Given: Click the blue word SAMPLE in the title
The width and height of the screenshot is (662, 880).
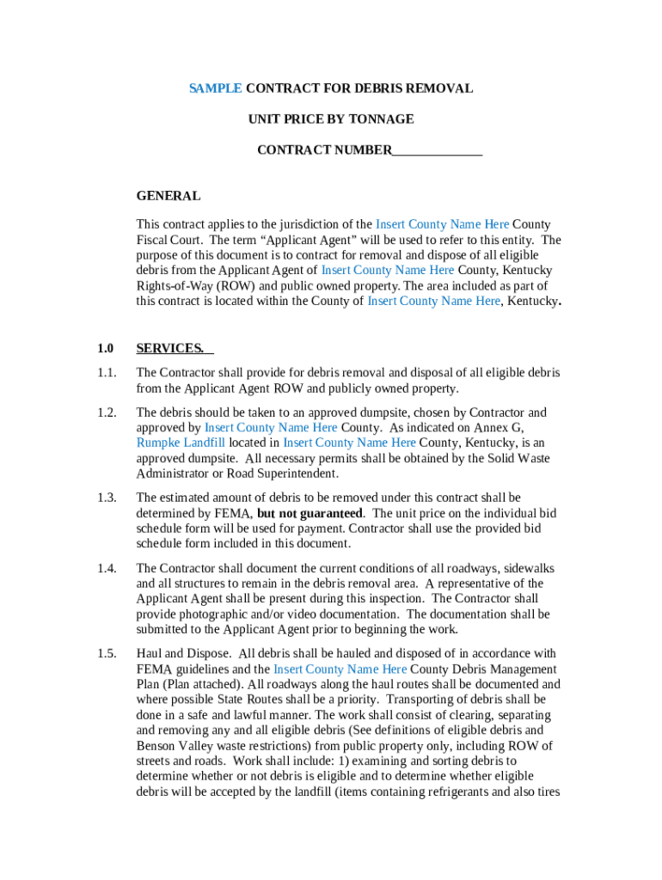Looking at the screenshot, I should tap(216, 89).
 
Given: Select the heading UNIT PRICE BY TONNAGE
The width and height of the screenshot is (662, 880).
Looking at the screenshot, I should tap(331, 119).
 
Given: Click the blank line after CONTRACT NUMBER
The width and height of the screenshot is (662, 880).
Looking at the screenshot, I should tap(438, 150).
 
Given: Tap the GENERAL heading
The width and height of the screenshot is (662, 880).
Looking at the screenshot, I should tap(169, 196).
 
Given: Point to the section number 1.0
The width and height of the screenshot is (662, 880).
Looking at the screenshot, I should tap(106, 348).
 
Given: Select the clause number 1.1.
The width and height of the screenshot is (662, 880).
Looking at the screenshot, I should tap(107, 373).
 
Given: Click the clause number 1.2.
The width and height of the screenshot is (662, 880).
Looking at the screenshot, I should tap(107, 412).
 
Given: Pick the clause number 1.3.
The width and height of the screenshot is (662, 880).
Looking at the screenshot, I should tap(107, 498).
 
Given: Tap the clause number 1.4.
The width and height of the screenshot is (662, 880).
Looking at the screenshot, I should tap(107, 568).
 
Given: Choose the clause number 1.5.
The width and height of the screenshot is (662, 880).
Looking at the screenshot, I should tap(107, 653).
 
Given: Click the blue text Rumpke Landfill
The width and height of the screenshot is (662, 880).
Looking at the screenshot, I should tap(181, 443).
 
